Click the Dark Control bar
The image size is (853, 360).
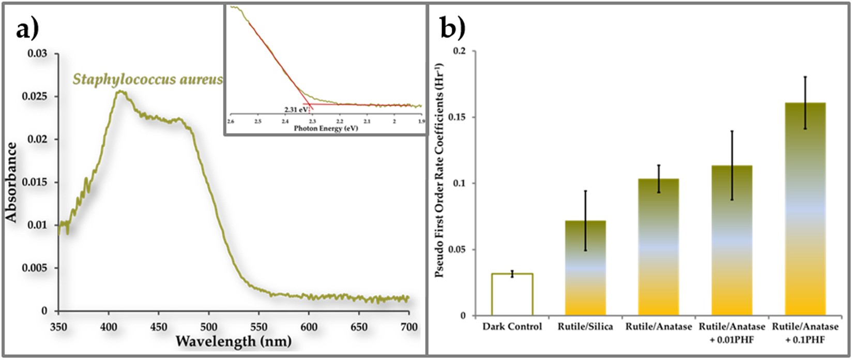[512, 294]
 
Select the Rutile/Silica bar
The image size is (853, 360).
[585, 269]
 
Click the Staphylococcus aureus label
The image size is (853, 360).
[147, 80]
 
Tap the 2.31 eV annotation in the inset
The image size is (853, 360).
[295, 110]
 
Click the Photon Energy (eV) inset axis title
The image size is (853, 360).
[325, 128]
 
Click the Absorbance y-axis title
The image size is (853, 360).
[11, 183]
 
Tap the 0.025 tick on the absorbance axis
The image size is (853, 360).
[39, 97]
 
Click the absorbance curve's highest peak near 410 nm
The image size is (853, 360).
[120, 92]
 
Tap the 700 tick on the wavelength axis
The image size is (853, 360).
[408, 327]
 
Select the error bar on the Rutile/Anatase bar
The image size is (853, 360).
[659, 179]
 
